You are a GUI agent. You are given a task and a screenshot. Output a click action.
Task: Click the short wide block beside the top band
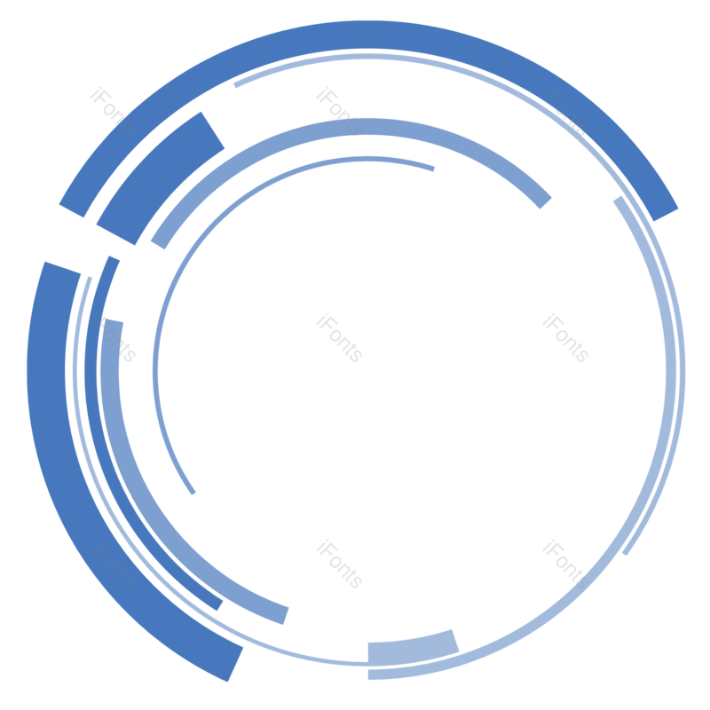pyautogui.click(x=162, y=178)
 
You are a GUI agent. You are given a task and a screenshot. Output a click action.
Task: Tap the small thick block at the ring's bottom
pyautogui.click(x=412, y=648)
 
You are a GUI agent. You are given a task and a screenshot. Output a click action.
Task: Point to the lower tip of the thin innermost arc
pyautogui.click(x=193, y=492)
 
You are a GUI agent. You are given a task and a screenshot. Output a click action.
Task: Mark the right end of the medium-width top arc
pyautogui.click(x=544, y=201)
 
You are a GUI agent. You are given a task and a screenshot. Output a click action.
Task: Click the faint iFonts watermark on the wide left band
pyautogui.click(x=113, y=564)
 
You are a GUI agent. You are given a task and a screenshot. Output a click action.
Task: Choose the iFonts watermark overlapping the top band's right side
pyautogui.click(x=565, y=112)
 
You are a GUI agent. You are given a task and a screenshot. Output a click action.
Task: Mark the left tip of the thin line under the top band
pyautogui.click(x=235, y=85)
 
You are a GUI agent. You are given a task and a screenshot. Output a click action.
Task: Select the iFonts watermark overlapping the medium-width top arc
pyautogui.click(x=339, y=112)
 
